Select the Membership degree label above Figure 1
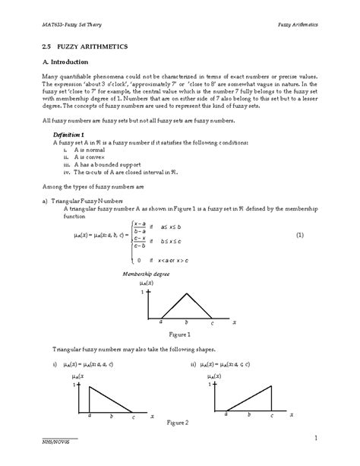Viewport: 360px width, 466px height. tap(144, 273)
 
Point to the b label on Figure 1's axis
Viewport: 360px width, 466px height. tap(186, 322)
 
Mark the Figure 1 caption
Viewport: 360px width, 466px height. tap(179, 334)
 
